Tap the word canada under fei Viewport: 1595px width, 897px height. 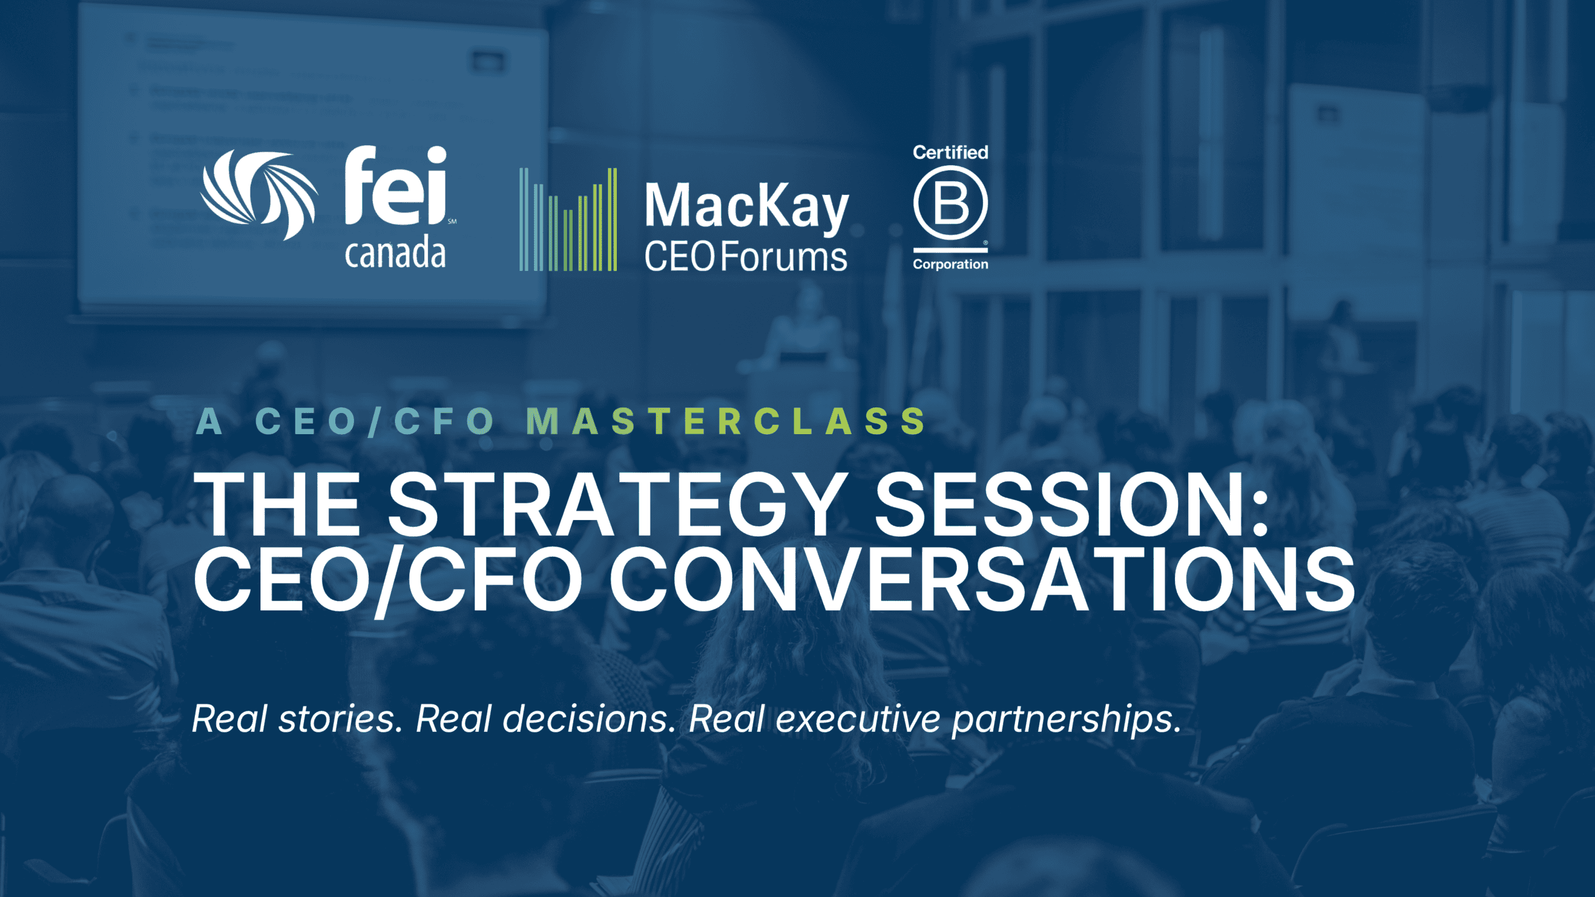[396, 253]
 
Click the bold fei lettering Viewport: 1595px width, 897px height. [396, 185]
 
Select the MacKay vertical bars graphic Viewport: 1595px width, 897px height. [568, 219]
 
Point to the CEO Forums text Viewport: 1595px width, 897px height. [746, 257]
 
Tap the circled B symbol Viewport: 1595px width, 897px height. [950, 203]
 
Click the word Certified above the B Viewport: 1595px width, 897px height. [950, 152]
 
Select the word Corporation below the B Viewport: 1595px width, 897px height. [950, 264]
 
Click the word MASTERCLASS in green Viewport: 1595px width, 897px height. [726, 421]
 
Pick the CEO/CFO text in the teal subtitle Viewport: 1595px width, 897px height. [375, 421]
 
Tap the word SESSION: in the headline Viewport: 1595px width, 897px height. [1072, 504]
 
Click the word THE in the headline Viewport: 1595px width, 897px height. [278, 504]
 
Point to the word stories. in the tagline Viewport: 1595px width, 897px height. [341, 719]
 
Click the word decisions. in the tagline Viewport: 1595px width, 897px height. [589, 719]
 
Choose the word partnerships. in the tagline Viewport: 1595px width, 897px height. [1067, 720]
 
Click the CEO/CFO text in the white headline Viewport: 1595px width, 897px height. [388, 581]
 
